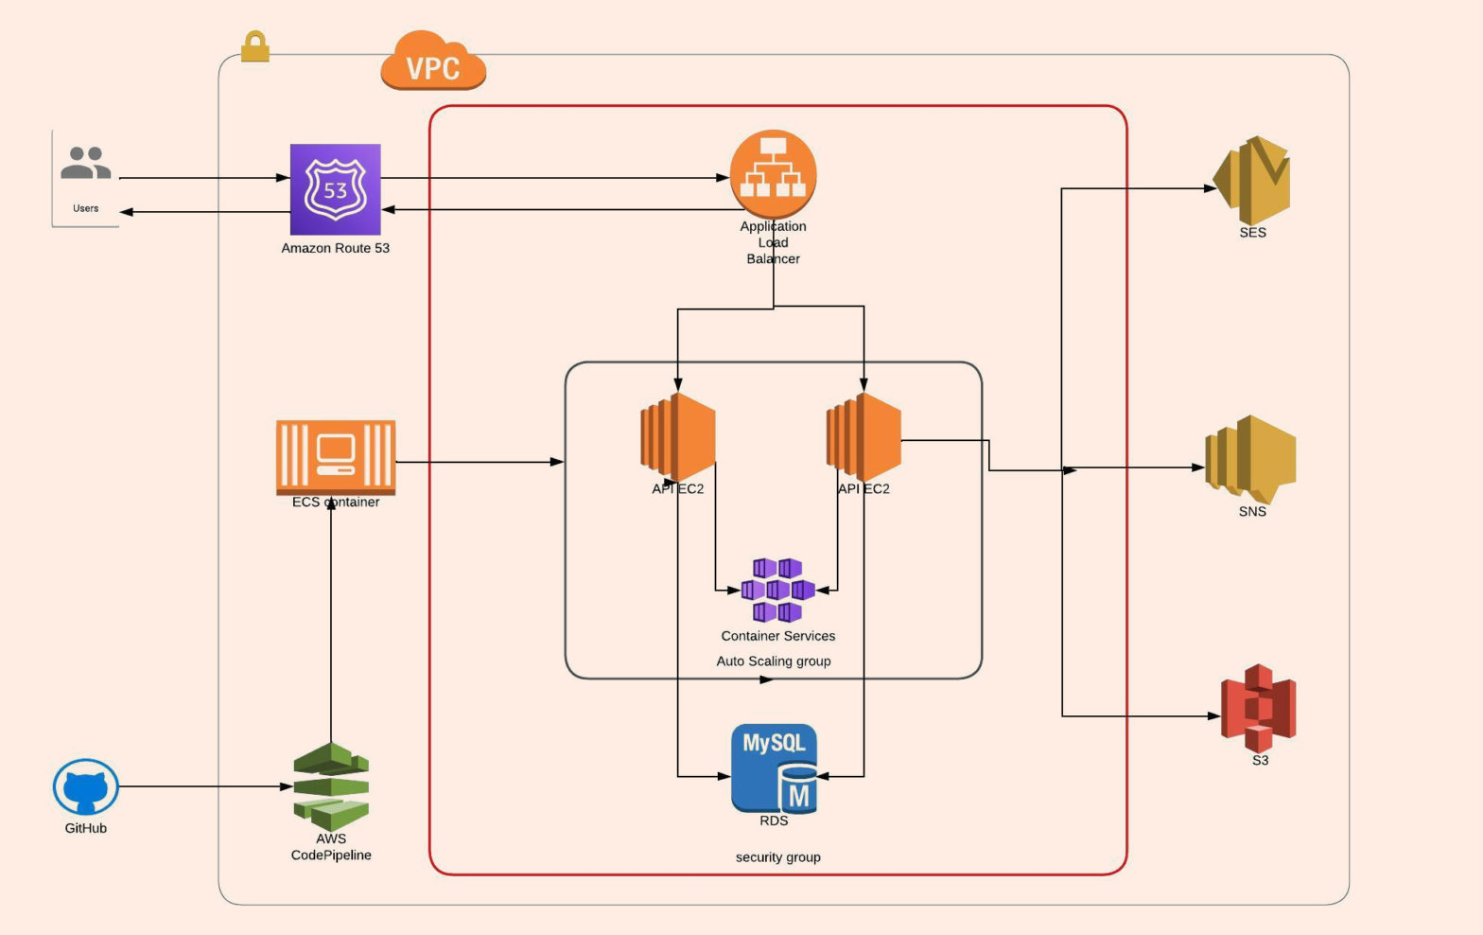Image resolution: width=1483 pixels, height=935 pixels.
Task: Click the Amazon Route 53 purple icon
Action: click(x=335, y=189)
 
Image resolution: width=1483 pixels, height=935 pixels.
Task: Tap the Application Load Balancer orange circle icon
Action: click(x=773, y=173)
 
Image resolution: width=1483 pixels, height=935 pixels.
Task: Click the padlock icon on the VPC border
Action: click(x=254, y=46)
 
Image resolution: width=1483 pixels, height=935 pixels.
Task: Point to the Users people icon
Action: click(x=85, y=164)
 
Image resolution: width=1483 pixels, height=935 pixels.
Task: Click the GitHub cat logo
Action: click(x=85, y=786)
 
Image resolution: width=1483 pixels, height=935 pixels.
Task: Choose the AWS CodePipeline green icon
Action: click(x=331, y=786)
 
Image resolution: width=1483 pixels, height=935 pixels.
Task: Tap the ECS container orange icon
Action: click(x=335, y=456)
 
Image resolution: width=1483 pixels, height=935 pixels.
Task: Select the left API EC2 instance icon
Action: click(x=677, y=437)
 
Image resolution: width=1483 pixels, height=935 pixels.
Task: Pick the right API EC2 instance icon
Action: click(x=863, y=437)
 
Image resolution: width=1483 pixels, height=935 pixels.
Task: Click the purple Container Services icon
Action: click(x=777, y=591)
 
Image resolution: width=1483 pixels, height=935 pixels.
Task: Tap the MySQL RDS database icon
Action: click(x=774, y=768)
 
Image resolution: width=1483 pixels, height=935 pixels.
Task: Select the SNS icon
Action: click(x=1250, y=460)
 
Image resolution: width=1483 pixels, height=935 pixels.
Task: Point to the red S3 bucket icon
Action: click(x=1258, y=708)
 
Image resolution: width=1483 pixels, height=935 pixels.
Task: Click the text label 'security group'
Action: click(x=777, y=857)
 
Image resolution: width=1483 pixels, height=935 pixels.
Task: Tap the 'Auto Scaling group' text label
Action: click(x=774, y=662)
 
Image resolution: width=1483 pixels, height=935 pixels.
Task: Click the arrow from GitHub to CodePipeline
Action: click(x=203, y=786)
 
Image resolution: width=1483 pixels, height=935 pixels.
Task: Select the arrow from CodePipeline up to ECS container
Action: click(x=331, y=625)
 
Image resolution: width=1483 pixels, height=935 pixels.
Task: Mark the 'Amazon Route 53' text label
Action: click(x=335, y=248)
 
